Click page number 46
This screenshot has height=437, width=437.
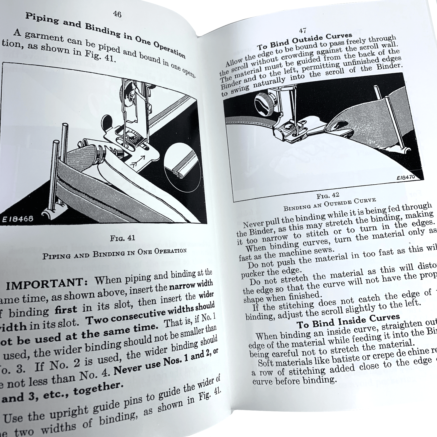point(117,14)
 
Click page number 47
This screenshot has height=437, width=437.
point(303,30)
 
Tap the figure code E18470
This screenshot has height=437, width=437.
point(405,177)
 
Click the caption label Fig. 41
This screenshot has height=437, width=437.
point(123,238)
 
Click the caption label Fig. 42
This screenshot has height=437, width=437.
point(328,196)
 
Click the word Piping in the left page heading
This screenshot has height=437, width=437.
point(42,19)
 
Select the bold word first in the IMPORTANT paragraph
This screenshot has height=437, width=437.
point(66,310)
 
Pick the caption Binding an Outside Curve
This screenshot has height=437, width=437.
point(329,204)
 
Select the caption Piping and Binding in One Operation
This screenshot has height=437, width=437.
point(114,254)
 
